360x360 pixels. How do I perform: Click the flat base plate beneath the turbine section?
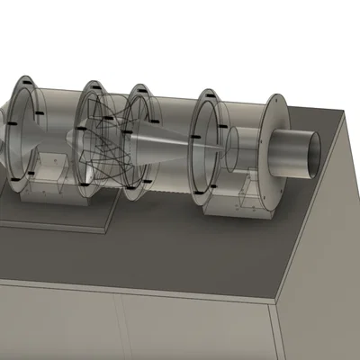(x=54, y=214)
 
